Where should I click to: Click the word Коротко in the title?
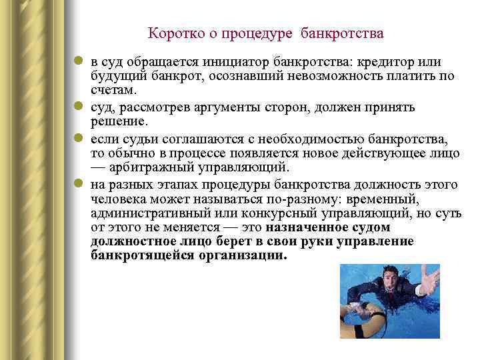[171, 33]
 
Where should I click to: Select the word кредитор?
[387, 62]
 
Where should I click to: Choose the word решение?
[117, 121]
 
